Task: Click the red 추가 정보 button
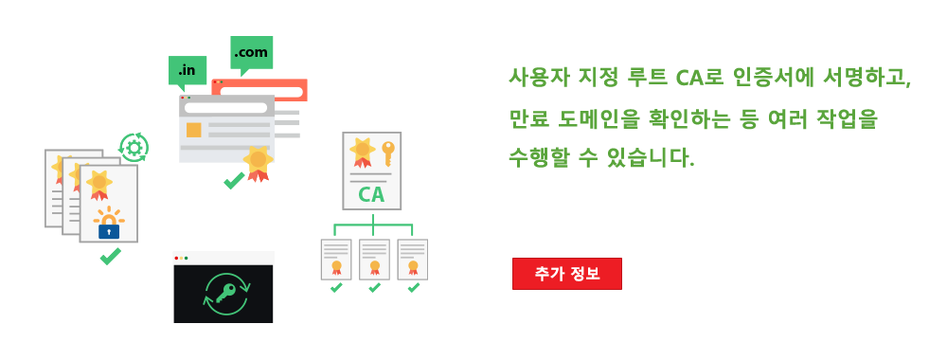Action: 566,273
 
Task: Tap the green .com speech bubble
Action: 251,52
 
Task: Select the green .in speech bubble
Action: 188,70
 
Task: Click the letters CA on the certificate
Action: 371,196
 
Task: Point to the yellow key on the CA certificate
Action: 387,152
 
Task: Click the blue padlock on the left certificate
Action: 110,229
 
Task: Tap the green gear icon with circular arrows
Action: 134,147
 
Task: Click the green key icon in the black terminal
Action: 224,295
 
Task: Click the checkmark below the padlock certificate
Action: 110,256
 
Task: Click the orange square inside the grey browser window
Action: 194,129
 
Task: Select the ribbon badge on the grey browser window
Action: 257,161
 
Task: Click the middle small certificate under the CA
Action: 374,259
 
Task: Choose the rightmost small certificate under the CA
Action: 412,259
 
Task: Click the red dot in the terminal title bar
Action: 177,258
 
